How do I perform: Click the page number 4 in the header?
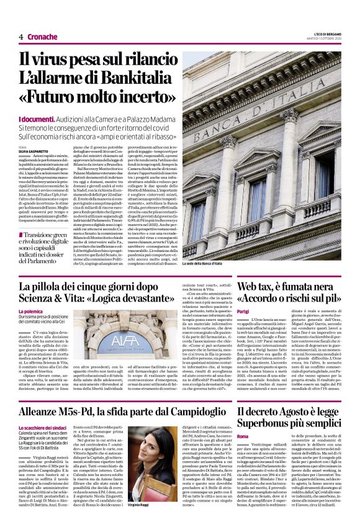tap(20, 37)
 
